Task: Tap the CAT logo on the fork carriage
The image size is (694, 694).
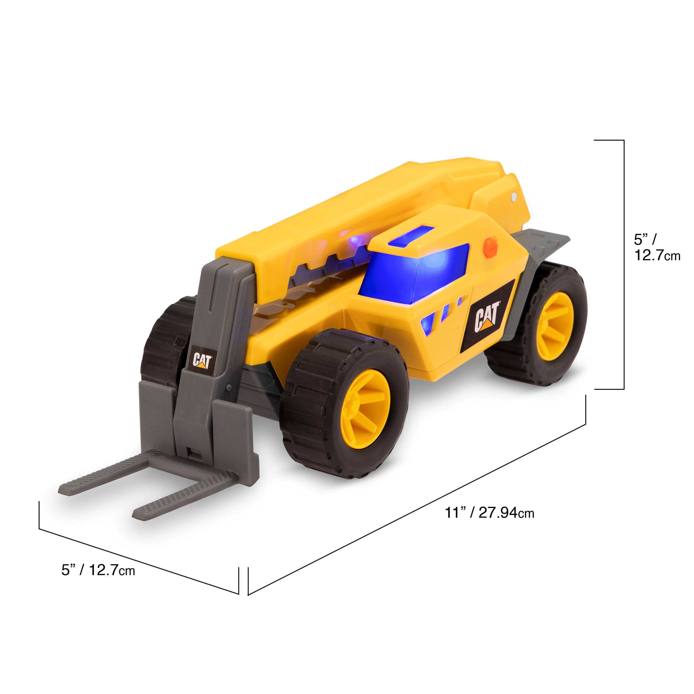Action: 203,361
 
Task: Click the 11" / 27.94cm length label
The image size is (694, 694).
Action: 489,513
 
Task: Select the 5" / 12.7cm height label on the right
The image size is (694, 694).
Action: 657,247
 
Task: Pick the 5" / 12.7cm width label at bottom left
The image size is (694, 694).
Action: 98,570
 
